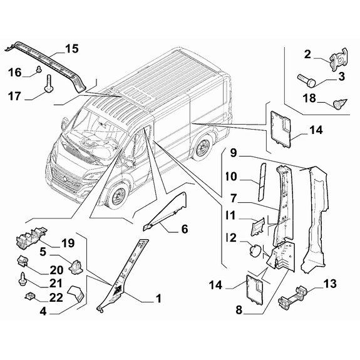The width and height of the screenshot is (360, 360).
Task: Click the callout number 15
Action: coord(72,49)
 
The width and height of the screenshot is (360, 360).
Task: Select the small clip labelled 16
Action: coord(39,68)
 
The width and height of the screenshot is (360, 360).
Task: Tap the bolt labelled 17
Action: coord(49,83)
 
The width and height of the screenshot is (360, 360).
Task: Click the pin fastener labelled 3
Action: coord(307,80)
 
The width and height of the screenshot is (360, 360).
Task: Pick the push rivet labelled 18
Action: coord(340,104)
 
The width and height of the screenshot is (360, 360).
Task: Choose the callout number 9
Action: coord(234,153)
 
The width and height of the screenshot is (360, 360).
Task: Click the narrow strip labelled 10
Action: coord(262,182)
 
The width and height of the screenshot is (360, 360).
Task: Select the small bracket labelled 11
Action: coord(257,226)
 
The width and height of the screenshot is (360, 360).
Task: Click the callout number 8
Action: coord(239,310)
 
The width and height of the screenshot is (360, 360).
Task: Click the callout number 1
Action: coord(158,299)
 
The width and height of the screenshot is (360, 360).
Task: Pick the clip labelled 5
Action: coord(75,267)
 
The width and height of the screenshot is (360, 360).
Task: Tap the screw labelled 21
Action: coord(23,279)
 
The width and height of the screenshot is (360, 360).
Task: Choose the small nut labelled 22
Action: coord(29,296)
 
